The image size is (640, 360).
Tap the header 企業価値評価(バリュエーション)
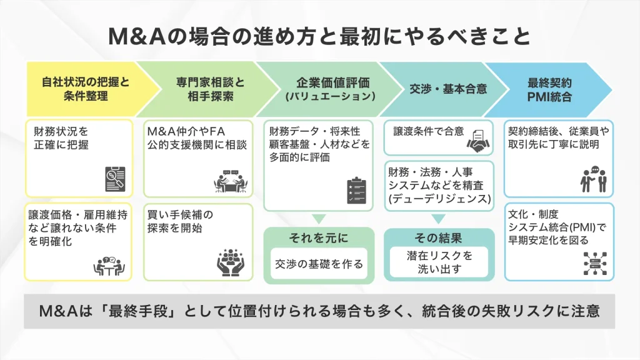321,89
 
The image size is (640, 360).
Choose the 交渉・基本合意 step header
439,89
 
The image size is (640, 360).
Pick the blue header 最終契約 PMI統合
549,89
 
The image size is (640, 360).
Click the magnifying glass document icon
114,178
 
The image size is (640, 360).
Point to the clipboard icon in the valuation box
356,191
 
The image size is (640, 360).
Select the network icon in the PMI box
595,263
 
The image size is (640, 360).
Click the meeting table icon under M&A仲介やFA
231,181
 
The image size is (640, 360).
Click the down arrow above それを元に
319,219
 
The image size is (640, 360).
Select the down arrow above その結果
439,219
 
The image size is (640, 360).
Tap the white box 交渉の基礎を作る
319,263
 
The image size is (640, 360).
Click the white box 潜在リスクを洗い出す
439,262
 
